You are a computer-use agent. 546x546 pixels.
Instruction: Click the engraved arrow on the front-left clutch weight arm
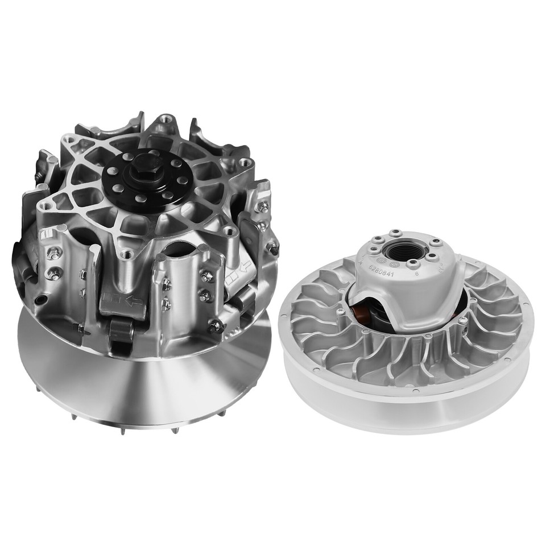127,299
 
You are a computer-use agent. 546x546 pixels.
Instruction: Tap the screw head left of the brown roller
341,312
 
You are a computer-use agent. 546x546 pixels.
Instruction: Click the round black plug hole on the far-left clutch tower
38,300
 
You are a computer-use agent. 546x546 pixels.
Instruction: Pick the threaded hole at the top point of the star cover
166,119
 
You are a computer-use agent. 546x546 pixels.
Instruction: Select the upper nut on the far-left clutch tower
54,256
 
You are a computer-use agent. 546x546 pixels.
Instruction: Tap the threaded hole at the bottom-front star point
127,254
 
